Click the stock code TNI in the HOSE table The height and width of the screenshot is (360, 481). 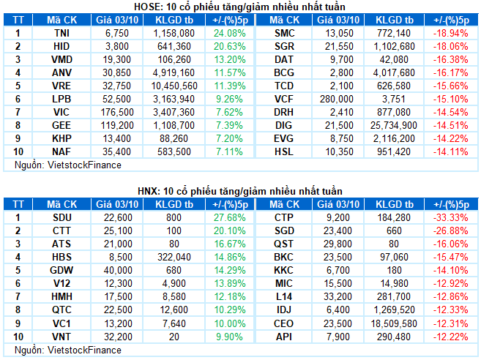point(62,33)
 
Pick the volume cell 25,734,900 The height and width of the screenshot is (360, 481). point(397,125)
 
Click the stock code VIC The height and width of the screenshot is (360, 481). point(62,112)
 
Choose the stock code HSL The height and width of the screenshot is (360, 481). point(283,151)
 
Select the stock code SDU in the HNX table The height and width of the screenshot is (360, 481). point(62,217)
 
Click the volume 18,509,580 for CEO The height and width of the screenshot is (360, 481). point(397,322)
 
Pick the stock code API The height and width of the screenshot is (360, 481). point(283,335)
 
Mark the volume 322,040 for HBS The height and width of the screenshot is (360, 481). point(174,256)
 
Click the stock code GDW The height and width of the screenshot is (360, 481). point(62,269)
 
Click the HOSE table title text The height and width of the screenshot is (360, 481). point(240,7)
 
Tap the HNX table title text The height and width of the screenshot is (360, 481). point(240,191)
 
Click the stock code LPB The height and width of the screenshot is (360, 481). point(62,99)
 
